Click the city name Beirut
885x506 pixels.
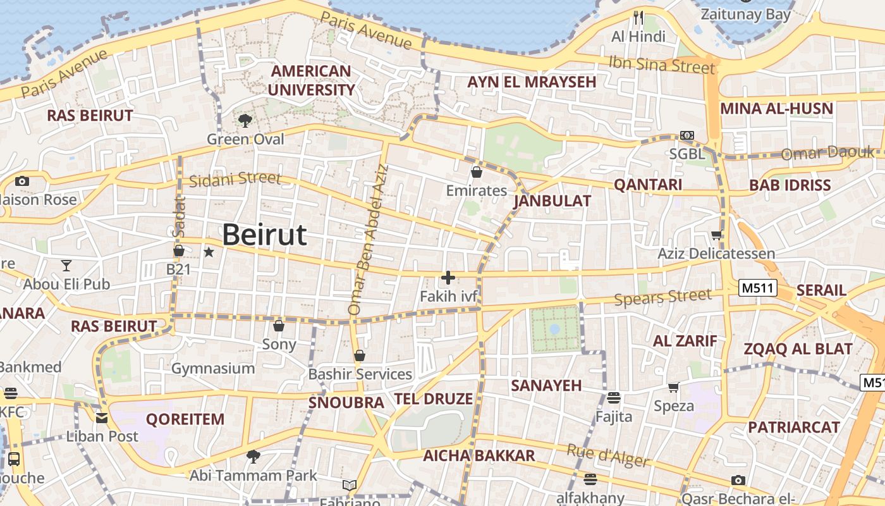264,235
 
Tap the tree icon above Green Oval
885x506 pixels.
245,120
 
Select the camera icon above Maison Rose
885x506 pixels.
22,182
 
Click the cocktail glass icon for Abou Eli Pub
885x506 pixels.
66,265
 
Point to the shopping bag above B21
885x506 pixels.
179,251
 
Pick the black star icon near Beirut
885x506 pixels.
209,252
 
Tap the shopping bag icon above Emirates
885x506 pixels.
477,171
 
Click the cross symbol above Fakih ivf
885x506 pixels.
448,278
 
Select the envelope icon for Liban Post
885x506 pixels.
102,418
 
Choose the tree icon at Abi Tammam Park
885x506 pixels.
253,456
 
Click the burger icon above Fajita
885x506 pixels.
613,398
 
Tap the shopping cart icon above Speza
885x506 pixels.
674,387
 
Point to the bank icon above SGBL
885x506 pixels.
687,136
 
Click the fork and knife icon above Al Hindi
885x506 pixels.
638,17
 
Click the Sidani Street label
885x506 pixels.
235,180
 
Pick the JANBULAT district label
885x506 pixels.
552,201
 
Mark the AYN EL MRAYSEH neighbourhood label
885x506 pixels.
532,82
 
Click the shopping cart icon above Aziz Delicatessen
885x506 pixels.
716,235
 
